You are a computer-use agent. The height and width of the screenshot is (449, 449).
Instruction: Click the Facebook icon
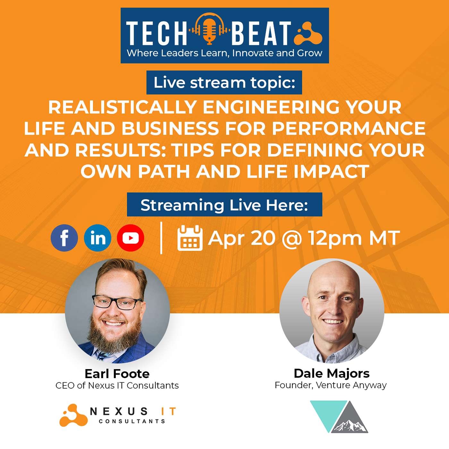64,238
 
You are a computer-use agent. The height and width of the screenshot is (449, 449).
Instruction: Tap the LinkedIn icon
97,238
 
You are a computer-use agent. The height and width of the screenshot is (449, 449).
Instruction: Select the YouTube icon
131,238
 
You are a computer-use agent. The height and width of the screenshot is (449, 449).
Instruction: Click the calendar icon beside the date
190,238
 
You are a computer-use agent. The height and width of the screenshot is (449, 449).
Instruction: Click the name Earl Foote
117,374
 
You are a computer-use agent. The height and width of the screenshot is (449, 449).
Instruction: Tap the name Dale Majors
332,373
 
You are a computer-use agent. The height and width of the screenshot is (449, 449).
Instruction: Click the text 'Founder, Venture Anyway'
331,385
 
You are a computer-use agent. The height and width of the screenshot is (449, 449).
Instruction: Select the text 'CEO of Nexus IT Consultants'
117,385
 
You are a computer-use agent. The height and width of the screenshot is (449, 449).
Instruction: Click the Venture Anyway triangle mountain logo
339,417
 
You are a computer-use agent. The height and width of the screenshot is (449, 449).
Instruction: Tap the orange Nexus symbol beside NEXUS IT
73,415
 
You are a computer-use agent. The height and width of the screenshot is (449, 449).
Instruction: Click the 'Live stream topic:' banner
224,82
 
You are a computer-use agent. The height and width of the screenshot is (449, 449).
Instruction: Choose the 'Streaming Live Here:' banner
224,205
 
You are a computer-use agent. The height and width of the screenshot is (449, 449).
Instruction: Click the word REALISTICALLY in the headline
122,107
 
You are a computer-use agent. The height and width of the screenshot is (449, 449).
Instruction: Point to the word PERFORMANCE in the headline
348,128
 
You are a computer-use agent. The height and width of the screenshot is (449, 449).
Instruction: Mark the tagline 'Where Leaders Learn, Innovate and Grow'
224,53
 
